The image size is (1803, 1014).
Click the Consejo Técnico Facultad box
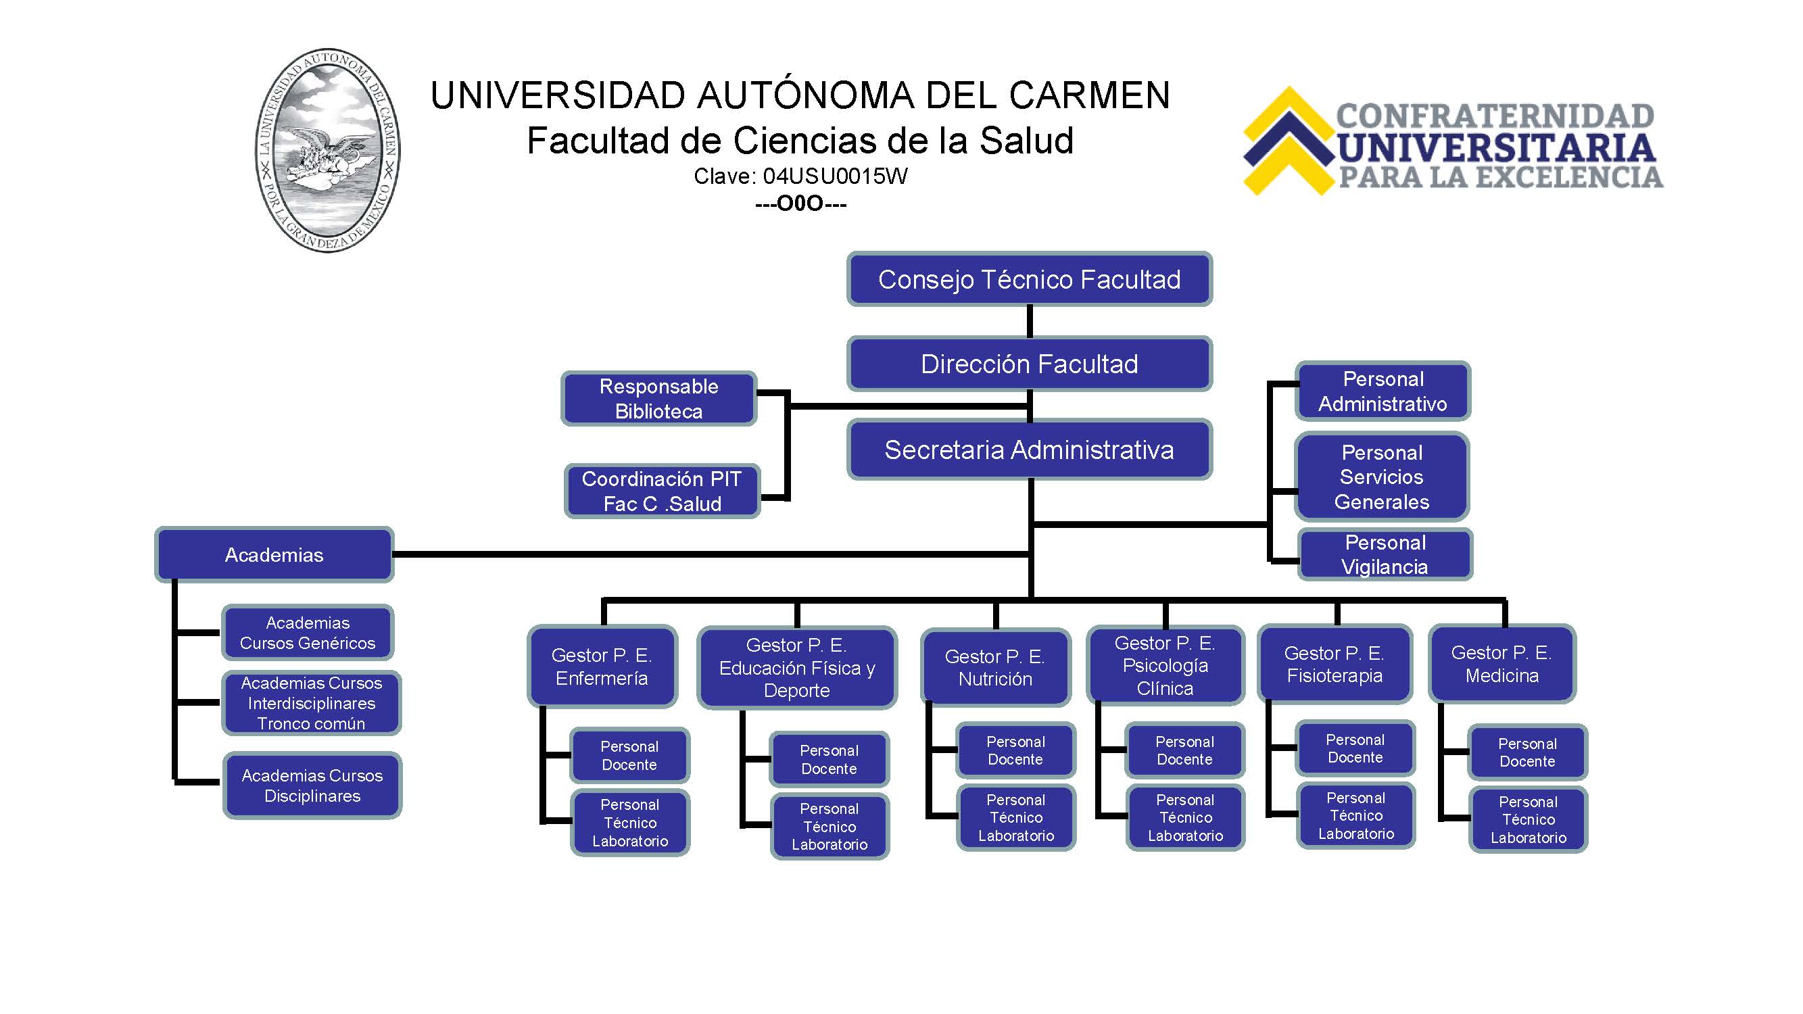pos(1029,279)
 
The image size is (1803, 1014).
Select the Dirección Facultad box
pos(1029,364)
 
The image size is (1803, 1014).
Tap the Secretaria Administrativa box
pos(1029,450)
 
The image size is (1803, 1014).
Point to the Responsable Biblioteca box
pos(658,399)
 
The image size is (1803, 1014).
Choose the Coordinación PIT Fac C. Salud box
pos(662,491)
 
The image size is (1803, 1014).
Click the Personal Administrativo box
pos(1383,391)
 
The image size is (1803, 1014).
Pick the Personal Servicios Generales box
pos(1382,477)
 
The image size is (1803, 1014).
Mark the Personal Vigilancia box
pos(1385,554)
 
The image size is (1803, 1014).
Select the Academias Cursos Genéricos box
pos(308,633)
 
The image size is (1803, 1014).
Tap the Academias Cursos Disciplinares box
pos(312,785)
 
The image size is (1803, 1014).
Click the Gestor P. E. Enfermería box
pos(602,667)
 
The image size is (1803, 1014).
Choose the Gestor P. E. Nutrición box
pos(995,668)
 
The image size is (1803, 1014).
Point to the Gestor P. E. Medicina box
pos(1502,663)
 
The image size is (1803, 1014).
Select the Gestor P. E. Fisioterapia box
pos(1335,664)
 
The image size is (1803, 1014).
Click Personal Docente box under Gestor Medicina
pos(1528,752)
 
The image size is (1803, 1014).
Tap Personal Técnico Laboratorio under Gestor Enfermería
pos(630,823)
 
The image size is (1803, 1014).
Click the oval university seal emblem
pos(328,151)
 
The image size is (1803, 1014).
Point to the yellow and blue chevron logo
pos(1289,141)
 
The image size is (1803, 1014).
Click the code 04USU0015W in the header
pos(835,176)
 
